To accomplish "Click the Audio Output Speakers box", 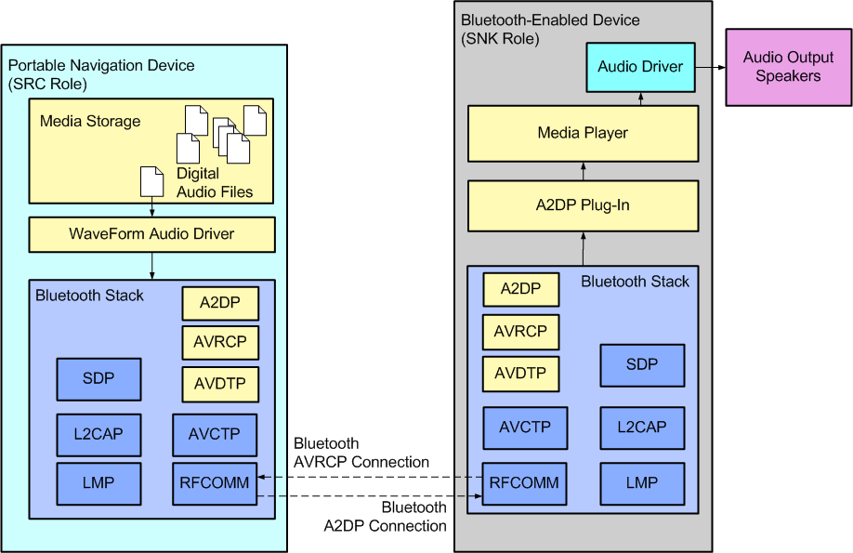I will pyautogui.click(x=788, y=67).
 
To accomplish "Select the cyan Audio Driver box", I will pyautogui.click(x=640, y=67).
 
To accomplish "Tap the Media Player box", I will pyautogui.click(x=583, y=133).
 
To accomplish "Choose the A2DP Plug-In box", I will pyautogui.click(x=583, y=205).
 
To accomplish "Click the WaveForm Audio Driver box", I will pyautogui.click(x=152, y=234).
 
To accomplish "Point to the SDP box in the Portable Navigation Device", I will pyautogui.click(x=98, y=379).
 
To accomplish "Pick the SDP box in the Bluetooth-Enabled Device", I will pyautogui.click(x=642, y=365).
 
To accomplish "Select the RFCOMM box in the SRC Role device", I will pyautogui.click(x=215, y=483).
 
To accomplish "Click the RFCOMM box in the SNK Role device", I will pyautogui.click(x=524, y=483).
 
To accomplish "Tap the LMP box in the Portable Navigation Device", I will pyautogui.click(x=98, y=483).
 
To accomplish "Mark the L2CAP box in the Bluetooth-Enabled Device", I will pyautogui.click(x=642, y=428).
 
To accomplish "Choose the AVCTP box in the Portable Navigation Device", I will pyautogui.click(x=215, y=434).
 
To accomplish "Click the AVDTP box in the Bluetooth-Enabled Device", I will pyautogui.click(x=520, y=374).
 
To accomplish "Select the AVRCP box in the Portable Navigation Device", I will pyautogui.click(x=219, y=342).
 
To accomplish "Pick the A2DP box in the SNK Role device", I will pyautogui.click(x=520, y=289).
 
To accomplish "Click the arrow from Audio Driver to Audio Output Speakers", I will pyautogui.click(x=710, y=67).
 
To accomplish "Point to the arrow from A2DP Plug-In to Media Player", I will pyautogui.click(x=583, y=171).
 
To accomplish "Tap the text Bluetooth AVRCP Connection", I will pyautogui.click(x=361, y=453).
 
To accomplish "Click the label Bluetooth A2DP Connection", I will pyautogui.click(x=386, y=517).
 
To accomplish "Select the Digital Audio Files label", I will pyautogui.click(x=214, y=183).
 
